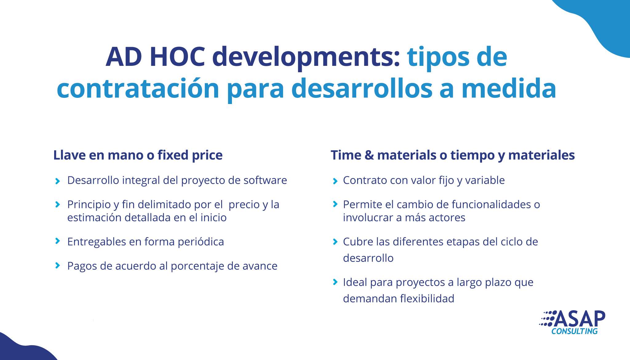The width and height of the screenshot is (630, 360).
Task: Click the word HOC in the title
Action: pyautogui.click(x=177, y=57)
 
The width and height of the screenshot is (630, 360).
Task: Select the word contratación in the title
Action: pyautogui.click(x=138, y=88)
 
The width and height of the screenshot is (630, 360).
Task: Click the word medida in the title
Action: pyautogui.click(x=509, y=88)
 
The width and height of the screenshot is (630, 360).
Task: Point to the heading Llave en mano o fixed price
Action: pyautogui.click(x=138, y=155)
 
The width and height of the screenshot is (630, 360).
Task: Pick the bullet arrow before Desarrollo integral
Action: pyautogui.click(x=58, y=181)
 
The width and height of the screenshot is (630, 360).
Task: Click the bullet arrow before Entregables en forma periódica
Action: pyautogui.click(x=58, y=241)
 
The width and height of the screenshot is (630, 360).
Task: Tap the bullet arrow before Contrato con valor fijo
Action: pyautogui.click(x=335, y=181)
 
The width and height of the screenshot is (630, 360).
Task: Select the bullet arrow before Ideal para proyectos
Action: pyautogui.click(x=335, y=282)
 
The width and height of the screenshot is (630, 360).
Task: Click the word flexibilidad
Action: pyautogui.click(x=427, y=298)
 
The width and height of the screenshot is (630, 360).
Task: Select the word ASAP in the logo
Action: pyautogui.click(x=580, y=319)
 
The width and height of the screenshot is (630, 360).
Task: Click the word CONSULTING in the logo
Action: pyautogui.click(x=574, y=331)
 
